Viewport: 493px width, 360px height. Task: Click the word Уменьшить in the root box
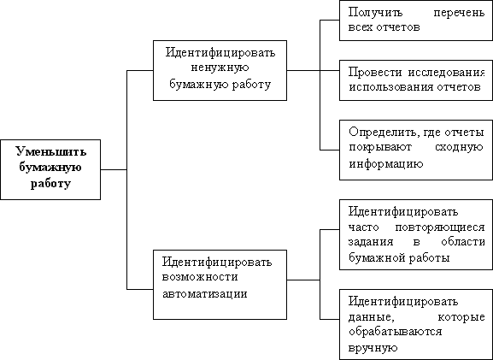pos(51,151)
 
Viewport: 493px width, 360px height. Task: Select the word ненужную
pos(220,68)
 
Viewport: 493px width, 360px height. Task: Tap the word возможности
pos(200,277)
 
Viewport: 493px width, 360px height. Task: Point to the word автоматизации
pos(205,293)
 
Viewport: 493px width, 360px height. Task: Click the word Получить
pos(375,13)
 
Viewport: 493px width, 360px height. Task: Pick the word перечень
pos(459,14)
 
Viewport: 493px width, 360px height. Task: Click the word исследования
pos(447,73)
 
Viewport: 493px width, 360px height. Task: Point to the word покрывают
pos(380,147)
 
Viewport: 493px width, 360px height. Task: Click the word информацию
pos(386,163)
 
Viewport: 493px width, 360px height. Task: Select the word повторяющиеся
pos(440,227)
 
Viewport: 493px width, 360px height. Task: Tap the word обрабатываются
pos(396,332)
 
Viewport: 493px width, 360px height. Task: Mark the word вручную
pos(373,348)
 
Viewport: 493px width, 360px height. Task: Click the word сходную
pos(459,147)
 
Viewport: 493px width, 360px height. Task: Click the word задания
pos(371,242)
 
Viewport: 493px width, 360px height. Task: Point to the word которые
pos(461,317)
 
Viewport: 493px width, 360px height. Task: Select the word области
pos(463,242)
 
